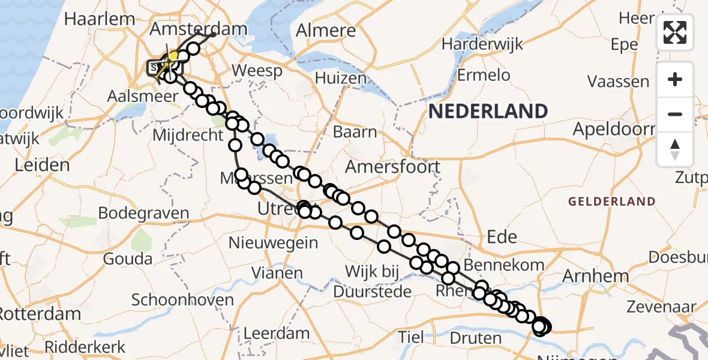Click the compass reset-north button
pyautogui.click(x=675, y=149)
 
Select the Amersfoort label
pyautogui.click(x=393, y=166)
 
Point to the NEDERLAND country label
pyautogui.click(x=488, y=111)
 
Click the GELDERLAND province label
pyautogui.click(x=611, y=201)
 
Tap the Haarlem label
pyautogui.click(x=99, y=19)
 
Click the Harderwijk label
pyautogui.click(x=482, y=44)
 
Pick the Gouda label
pyautogui.click(x=127, y=259)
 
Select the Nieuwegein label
pyautogui.click(x=273, y=242)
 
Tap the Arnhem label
pyautogui.click(x=595, y=276)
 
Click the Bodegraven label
pyautogui.click(x=143, y=213)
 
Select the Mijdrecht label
pyautogui.click(x=188, y=135)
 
